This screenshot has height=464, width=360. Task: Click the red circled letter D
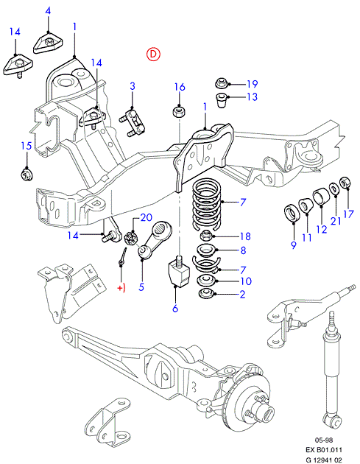click(x=153, y=54)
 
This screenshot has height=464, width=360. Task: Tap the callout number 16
click(x=180, y=87)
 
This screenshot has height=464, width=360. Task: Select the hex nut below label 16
click(x=179, y=112)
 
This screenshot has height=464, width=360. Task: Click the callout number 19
click(x=252, y=84)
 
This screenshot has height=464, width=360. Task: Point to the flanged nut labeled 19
click(x=220, y=82)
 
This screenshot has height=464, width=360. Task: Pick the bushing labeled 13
click(x=221, y=100)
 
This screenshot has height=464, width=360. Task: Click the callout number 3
click(x=133, y=86)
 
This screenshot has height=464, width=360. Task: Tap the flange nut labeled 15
click(x=27, y=173)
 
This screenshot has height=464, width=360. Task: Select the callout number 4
click(x=48, y=11)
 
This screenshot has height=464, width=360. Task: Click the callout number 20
click(x=146, y=217)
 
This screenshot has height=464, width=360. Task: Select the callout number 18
click(x=245, y=236)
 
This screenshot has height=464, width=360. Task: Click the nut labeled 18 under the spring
click(x=206, y=236)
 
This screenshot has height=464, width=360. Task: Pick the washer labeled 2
click(x=206, y=294)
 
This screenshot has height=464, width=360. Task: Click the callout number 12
click(x=321, y=229)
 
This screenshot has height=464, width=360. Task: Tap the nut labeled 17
click(x=345, y=182)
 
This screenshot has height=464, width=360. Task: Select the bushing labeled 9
click(x=293, y=213)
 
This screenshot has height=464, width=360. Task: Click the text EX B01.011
click(x=324, y=450)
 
